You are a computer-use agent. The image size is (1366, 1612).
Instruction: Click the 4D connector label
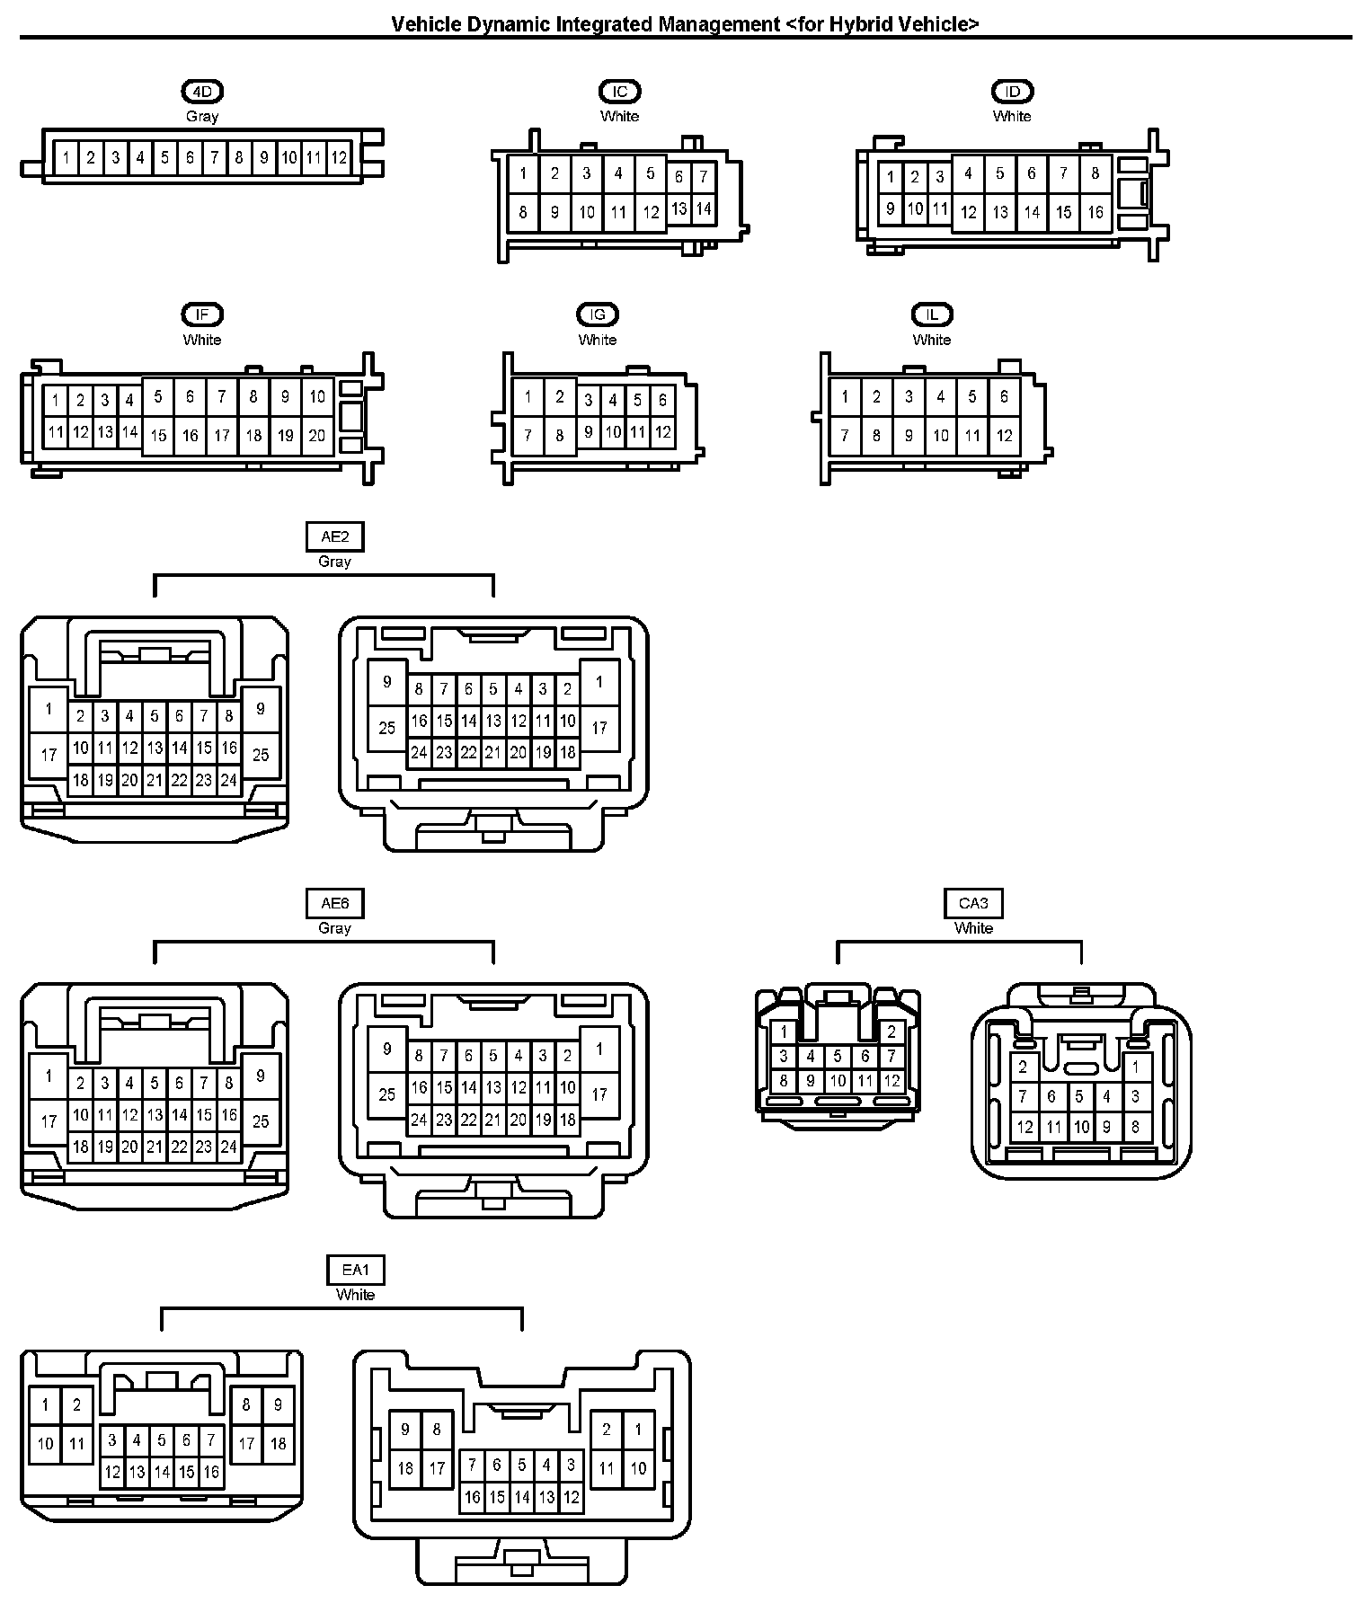(202, 91)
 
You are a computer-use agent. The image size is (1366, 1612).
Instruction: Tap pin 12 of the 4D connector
(339, 158)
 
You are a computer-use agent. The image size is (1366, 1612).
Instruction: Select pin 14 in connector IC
(704, 209)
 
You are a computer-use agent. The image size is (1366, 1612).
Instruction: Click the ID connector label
(1012, 91)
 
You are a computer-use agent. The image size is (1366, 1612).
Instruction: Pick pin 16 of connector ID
(1095, 212)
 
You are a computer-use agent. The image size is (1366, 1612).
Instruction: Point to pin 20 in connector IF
(317, 436)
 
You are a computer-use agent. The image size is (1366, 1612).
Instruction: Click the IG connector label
(598, 314)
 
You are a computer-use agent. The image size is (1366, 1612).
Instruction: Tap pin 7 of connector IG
(528, 436)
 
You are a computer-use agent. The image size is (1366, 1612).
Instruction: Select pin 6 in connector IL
(1004, 396)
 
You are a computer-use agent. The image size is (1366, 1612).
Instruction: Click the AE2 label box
(334, 536)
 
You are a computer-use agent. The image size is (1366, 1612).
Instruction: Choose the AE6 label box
(334, 903)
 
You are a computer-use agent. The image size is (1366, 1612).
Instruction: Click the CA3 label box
(973, 903)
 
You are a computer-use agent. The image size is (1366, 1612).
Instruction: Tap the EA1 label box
(356, 1270)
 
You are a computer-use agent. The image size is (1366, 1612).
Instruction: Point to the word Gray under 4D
(202, 116)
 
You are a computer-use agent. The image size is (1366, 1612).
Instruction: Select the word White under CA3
(973, 928)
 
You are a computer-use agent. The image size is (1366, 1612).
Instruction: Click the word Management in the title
(719, 24)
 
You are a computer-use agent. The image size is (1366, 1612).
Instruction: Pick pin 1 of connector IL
(845, 396)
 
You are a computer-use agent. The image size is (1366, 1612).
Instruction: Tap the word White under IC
(619, 116)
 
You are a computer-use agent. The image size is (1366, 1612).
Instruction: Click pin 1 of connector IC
(523, 173)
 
